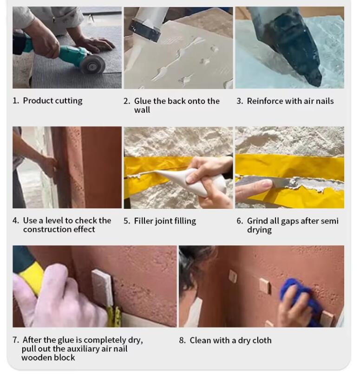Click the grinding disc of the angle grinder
tap(93, 63)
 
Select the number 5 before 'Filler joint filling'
tap(127, 221)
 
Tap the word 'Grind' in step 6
tap(257, 221)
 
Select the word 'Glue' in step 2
tap(143, 101)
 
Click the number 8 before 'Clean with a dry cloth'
tap(183, 341)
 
